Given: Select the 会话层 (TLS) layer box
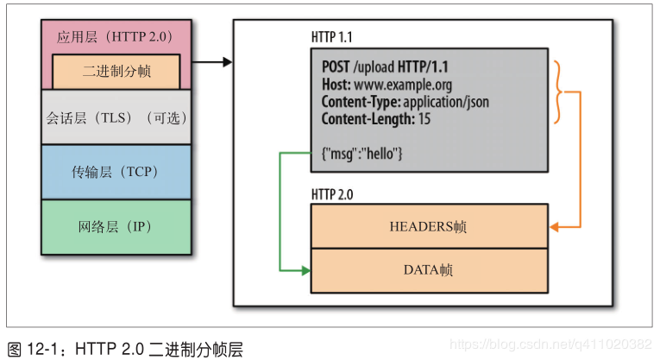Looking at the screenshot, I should (116, 117).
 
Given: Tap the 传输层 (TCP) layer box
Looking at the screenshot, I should (116, 172).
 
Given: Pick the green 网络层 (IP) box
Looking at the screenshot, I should (116, 227).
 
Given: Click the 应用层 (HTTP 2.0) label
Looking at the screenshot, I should (116, 37).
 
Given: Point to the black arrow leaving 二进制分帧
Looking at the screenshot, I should (212, 62).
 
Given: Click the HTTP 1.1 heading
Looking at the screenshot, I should (331, 37).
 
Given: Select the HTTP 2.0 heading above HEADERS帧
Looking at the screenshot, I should (331, 194).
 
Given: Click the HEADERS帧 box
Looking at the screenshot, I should (428, 226).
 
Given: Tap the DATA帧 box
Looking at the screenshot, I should (428, 270).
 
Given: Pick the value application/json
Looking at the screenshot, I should (448, 101).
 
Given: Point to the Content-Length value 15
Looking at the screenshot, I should (425, 118).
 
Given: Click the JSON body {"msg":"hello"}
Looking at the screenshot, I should (362, 152).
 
